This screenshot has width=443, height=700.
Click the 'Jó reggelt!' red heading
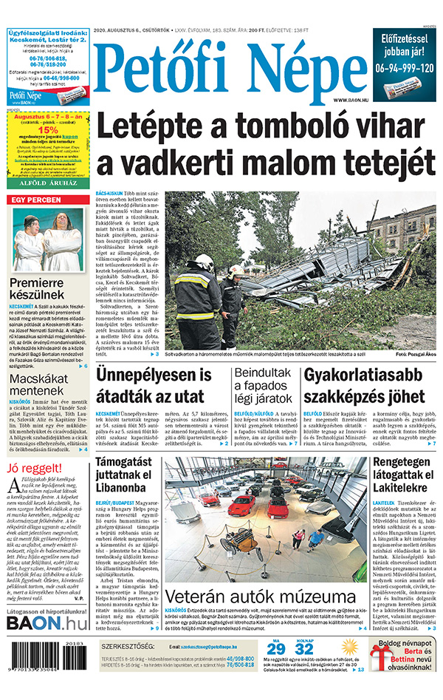point(33,468)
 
